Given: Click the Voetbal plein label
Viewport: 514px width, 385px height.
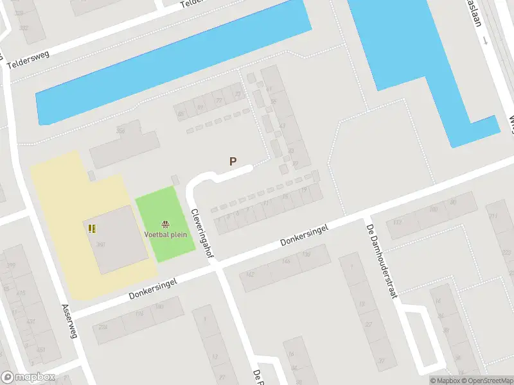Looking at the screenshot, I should pos(166,234).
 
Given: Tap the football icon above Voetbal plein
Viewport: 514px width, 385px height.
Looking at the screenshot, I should pos(166,224).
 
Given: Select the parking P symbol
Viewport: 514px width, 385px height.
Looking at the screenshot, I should pos(233,162).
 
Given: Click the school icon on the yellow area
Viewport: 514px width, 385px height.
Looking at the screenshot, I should pos(92,228).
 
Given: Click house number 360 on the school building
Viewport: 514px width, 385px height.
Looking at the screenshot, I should pos(101,244).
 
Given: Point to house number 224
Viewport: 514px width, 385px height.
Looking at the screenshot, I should pos(102,327).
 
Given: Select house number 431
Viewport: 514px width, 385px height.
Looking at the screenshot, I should pos(31,321).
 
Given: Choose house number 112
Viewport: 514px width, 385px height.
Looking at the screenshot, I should pos(396,223).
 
